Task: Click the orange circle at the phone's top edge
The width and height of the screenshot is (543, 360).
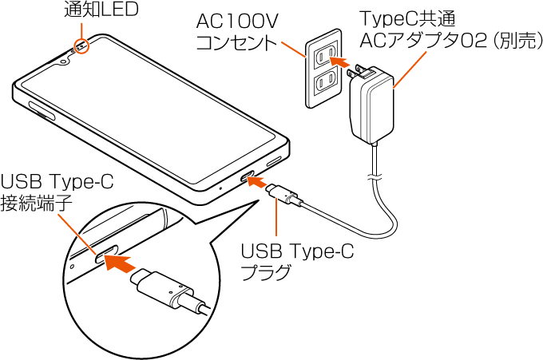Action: [82, 48]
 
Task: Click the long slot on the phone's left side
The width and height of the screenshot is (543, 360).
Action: [42, 111]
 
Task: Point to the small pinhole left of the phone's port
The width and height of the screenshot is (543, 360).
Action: [221, 189]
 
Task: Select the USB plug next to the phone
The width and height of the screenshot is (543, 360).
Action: [285, 196]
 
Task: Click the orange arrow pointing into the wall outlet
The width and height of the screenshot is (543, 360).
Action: [341, 61]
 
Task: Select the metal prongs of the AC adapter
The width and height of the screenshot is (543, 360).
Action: [355, 73]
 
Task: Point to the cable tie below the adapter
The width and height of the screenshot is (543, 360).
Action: [372, 175]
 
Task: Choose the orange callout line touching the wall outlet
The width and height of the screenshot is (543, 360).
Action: [295, 49]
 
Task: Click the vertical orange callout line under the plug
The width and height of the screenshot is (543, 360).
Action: [276, 220]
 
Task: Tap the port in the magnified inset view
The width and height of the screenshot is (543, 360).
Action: [107, 256]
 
